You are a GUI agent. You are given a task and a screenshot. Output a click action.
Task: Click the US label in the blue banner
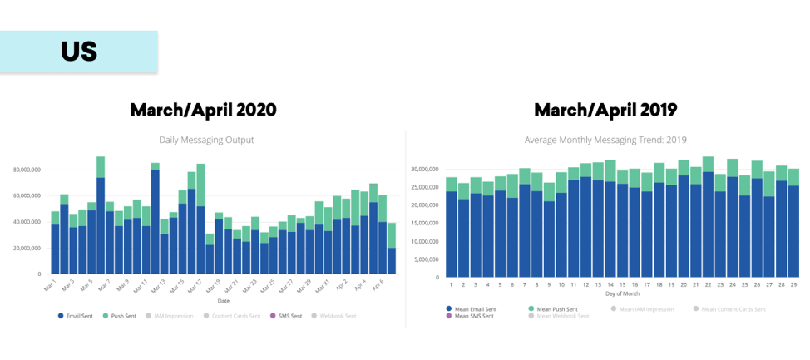click(x=79, y=52)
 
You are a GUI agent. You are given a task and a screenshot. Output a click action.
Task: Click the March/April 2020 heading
click(x=203, y=110)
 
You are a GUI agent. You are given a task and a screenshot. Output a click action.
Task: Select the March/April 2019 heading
click(x=605, y=110)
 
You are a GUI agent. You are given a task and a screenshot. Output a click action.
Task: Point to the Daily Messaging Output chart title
click(x=206, y=140)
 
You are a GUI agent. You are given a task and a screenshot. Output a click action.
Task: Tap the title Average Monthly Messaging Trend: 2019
click(x=605, y=140)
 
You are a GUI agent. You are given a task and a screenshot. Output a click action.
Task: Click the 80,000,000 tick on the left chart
click(x=27, y=169)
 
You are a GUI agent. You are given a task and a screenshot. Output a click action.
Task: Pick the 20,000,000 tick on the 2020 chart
click(x=27, y=248)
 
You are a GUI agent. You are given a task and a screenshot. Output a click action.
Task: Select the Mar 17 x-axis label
click(x=199, y=286)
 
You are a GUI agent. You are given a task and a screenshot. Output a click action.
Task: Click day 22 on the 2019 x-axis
click(x=707, y=284)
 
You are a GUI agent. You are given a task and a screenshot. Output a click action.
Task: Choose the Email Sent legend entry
click(x=77, y=316)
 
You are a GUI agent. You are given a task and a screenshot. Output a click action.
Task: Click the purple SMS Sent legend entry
click(x=286, y=316)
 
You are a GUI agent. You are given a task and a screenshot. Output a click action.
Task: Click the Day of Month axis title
click(x=622, y=294)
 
